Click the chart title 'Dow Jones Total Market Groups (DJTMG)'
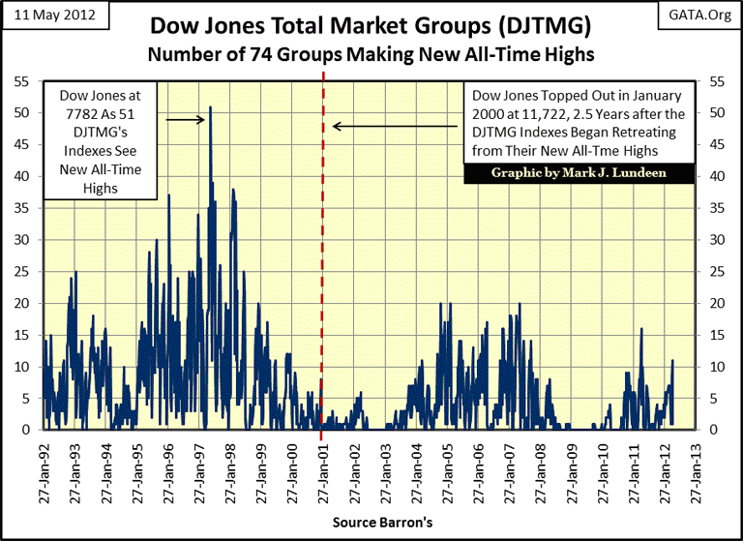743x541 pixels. tap(372, 25)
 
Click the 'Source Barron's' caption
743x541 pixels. tap(371, 522)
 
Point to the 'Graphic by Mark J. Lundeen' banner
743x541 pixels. tap(578, 172)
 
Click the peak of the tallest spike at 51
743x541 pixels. tap(210, 106)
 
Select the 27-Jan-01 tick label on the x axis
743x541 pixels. tap(321, 471)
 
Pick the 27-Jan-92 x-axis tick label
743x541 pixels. tap(44, 471)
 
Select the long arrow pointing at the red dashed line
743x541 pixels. tap(397, 126)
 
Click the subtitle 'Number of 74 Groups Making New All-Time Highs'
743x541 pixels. tap(371, 54)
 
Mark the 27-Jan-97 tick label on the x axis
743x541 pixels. tap(197, 471)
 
